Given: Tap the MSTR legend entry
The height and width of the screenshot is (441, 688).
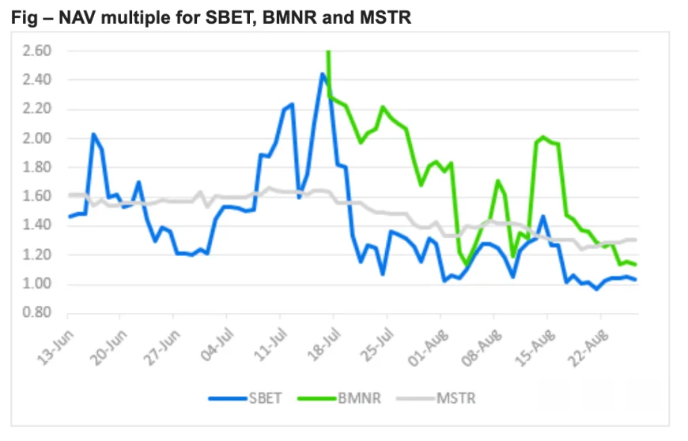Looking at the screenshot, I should [x=457, y=398].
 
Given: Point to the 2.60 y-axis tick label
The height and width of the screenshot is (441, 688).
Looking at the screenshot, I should [x=36, y=51].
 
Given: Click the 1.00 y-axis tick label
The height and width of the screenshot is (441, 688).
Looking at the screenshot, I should [x=36, y=285].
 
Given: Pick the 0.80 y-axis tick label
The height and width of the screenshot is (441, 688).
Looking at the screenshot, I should [x=36, y=313].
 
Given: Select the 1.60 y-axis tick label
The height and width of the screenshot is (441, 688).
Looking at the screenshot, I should [x=36, y=197].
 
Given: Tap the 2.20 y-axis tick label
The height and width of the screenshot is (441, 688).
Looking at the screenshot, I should [x=36, y=109].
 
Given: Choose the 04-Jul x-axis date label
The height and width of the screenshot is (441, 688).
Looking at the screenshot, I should [x=219, y=340].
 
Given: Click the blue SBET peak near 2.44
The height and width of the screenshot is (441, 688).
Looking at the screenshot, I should [x=323, y=74].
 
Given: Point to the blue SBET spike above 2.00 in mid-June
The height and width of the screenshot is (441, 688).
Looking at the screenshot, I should [x=93, y=134].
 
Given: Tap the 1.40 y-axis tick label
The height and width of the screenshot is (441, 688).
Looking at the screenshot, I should [x=36, y=226].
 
